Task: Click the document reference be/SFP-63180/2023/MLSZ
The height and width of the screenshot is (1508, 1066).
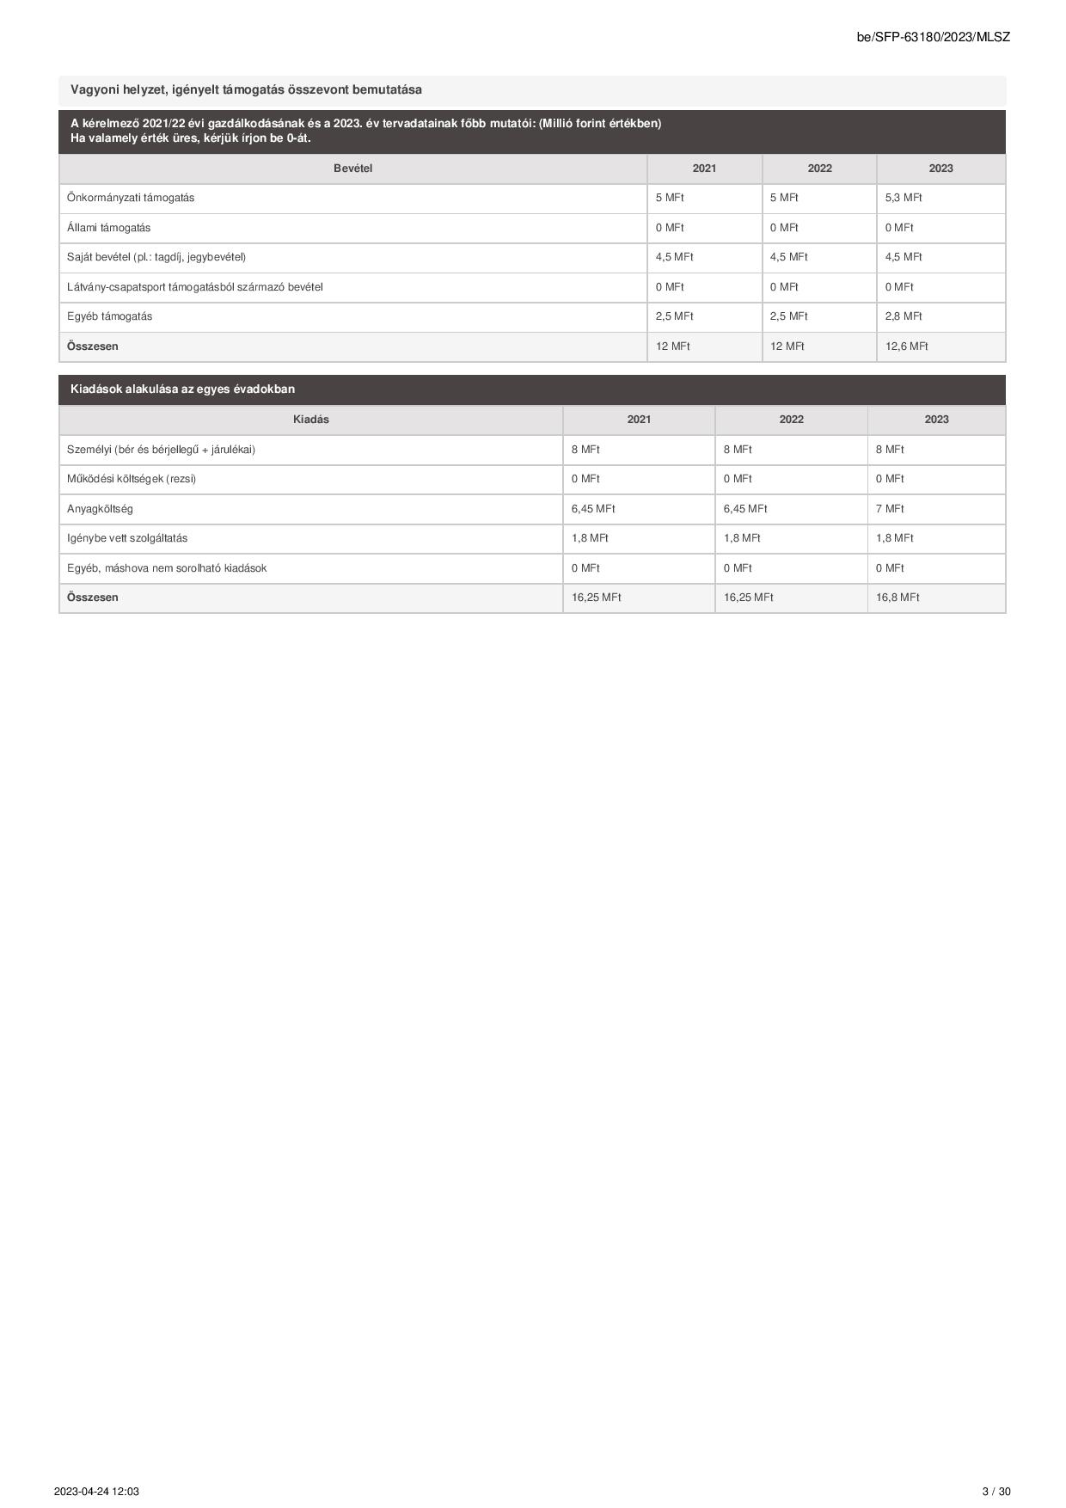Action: (x=933, y=37)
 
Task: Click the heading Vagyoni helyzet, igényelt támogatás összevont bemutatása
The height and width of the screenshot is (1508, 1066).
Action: (x=246, y=90)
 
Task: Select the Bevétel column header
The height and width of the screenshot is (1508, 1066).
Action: (x=352, y=169)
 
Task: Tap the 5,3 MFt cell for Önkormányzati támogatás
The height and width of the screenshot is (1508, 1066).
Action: (x=903, y=198)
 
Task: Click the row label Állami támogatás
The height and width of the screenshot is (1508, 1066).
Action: (x=108, y=228)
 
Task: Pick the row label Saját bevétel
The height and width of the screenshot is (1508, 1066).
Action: (x=156, y=257)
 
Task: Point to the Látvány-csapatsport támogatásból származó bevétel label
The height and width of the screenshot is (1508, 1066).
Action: (x=194, y=287)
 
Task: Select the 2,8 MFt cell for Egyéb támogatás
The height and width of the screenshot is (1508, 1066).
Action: (x=903, y=316)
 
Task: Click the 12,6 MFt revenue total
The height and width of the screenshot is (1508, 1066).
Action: (x=906, y=346)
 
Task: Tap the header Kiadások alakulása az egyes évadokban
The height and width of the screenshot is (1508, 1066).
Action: (x=182, y=389)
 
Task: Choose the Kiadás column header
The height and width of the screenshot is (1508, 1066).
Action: (x=310, y=420)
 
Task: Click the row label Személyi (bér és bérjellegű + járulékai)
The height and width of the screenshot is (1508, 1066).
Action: (x=161, y=450)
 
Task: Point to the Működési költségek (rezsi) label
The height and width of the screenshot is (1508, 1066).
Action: (x=131, y=479)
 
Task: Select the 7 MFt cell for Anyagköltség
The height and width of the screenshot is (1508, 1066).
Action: (x=889, y=509)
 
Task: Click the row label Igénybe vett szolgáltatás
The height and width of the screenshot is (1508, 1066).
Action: (x=126, y=538)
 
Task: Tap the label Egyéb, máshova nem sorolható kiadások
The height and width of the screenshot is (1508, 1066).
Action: (x=166, y=568)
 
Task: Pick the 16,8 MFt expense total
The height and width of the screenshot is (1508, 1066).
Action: (x=897, y=598)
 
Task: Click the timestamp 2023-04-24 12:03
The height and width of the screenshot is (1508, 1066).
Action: (x=96, y=1492)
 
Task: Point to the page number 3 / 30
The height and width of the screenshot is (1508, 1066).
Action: (x=996, y=1492)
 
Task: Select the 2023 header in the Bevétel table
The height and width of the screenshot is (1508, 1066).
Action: (x=940, y=169)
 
